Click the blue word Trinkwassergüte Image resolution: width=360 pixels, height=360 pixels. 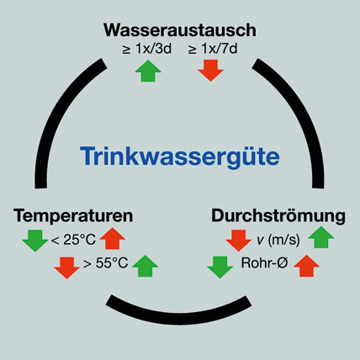click(180, 156)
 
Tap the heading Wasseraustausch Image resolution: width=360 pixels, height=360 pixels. click(180, 30)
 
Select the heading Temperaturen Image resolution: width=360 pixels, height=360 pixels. click(73, 216)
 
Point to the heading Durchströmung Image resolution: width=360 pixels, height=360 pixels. click(278, 216)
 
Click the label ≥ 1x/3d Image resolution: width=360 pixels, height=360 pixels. click(146, 49)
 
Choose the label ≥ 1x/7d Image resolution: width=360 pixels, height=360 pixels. click(213, 49)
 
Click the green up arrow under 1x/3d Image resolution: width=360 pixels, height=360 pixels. click(148, 71)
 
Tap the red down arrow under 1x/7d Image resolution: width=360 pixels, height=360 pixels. click(211, 71)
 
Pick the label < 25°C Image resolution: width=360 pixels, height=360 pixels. click(73, 240)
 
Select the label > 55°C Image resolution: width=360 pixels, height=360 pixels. click(106, 263)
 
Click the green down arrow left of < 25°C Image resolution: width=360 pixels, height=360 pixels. click(35, 241)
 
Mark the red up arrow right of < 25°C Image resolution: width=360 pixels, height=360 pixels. click(113, 238)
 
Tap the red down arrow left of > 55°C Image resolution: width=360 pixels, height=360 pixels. click(66, 267)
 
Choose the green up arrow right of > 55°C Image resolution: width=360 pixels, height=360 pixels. click(146, 266)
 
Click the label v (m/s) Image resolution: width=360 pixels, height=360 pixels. click(278, 240)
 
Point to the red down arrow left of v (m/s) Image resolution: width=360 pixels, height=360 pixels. click(239, 241)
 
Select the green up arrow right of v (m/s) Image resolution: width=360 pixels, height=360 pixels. click(321, 237)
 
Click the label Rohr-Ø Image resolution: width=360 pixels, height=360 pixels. click(264, 263)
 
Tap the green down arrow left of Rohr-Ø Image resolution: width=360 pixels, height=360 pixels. click(220, 267)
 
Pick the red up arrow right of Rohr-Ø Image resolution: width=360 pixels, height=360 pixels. click(306, 266)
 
